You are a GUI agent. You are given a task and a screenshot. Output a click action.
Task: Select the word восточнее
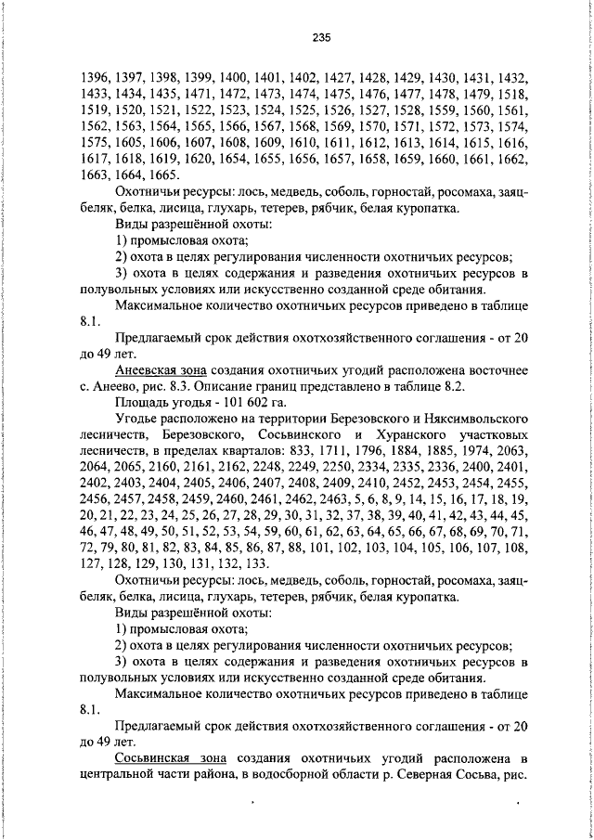[496, 369]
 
